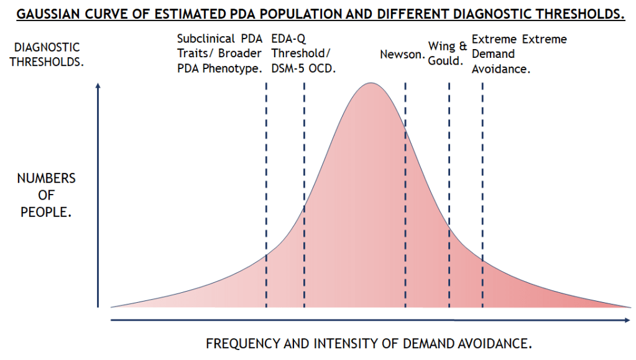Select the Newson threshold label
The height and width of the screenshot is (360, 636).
pyautogui.click(x=402, y=55)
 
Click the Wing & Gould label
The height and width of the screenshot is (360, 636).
pyautogui.click(x=448, y=53)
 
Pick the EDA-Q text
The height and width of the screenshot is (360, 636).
pyautogui.click(x=288, y=39)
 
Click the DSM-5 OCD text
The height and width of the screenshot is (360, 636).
pyautogui.click(x=303, y=68)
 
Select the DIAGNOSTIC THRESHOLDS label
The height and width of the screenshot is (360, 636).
pyautogui.click(x=47, y=54)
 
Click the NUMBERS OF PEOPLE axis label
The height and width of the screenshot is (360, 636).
pyautogui.click(x=47, y=195)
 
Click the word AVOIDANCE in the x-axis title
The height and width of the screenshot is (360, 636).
pyautogui.click(x=495, y=343)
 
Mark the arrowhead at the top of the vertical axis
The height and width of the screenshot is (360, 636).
pyautogui.click(x=98, y=86)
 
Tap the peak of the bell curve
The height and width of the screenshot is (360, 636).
pyautogui.click(x=371, y=83)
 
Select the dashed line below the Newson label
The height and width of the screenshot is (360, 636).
pyautogui.click(x=405, y=187)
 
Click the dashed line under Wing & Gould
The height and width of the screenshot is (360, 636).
pyautogui.click(x=449, y=187)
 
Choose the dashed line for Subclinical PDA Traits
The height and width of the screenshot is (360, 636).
pyautogui.click(x=266, y=187)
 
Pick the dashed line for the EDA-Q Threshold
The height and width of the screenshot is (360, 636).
pyautogui.click(x=304, y=187)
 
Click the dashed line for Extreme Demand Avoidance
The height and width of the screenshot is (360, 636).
pyautogui.click(x=482, y=187)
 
